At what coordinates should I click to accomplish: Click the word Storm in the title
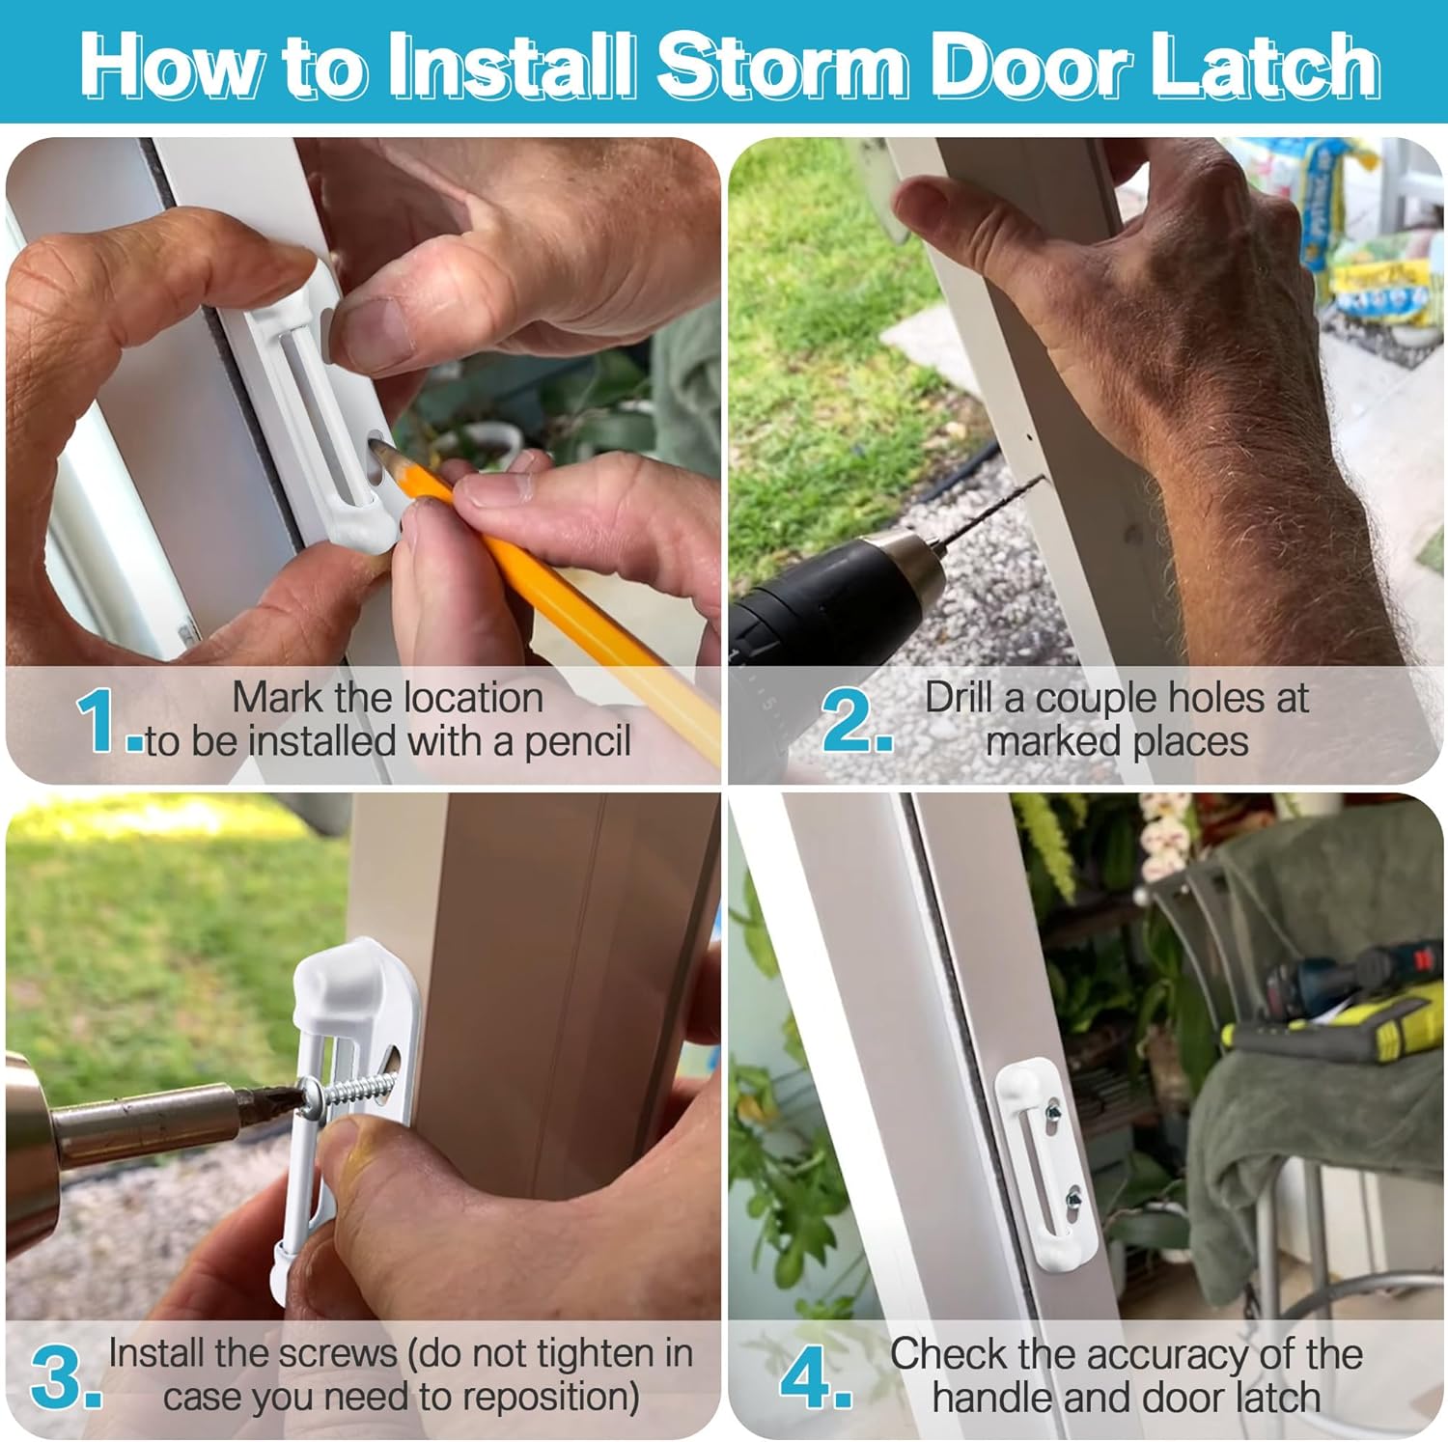(x=782, y=66)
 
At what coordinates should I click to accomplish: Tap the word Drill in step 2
(x=960, y=697)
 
